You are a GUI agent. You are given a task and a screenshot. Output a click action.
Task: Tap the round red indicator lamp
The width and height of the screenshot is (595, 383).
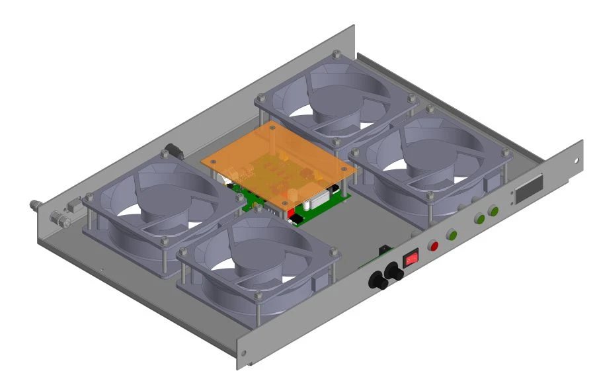click(x=434, y=246)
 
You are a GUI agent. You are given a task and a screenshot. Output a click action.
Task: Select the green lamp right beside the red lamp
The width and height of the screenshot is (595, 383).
click(x=453, y=235)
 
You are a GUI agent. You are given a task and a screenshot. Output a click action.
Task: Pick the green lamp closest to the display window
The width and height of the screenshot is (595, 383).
click(x=493, y=212)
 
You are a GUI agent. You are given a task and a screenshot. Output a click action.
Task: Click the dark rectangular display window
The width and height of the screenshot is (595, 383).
click(x=530, y=189)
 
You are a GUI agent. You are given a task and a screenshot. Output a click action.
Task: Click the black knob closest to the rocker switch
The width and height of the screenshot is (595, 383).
click(x=395, y=273)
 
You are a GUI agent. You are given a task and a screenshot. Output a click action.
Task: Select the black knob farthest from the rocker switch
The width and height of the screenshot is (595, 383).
click(x=379, y=282)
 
